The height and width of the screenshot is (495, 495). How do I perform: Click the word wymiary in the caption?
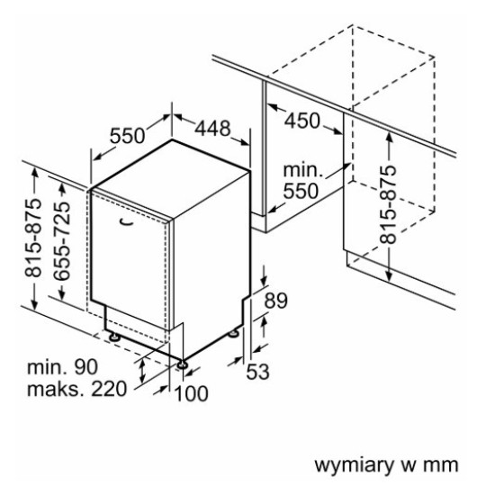click(x=353, y=465)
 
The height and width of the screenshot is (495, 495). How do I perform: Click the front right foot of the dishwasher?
click(x=183, y=364)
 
